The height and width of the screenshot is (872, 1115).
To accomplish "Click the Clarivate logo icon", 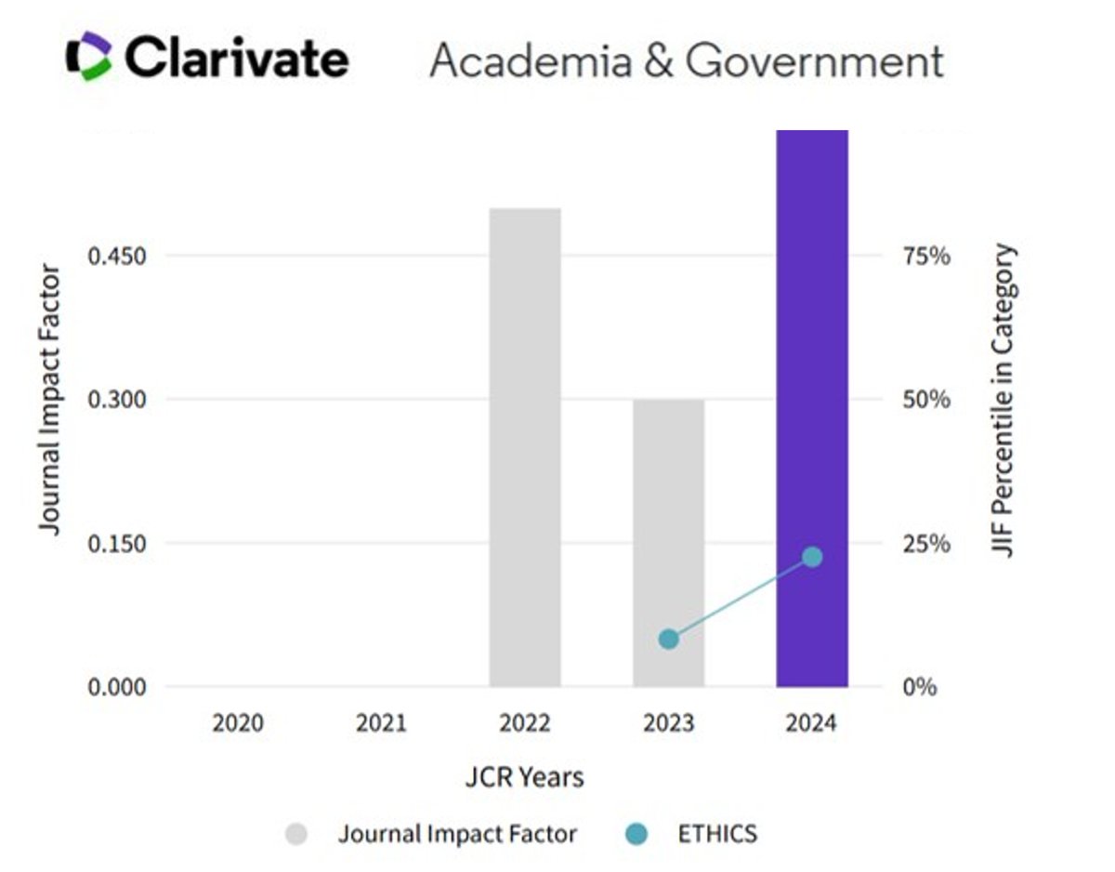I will (89, 57).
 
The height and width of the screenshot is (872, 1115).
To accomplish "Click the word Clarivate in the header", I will (237, 59).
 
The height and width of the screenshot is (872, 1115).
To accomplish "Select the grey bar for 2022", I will (525, 446).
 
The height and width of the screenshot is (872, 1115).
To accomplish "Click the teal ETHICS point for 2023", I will (668, 639).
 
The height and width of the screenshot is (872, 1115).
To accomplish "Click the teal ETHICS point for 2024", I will (812, 557).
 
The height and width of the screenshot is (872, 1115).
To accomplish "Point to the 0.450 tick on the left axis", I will (117, 256).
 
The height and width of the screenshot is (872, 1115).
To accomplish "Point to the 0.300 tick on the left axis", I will (117, 400).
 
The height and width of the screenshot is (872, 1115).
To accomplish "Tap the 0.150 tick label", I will (117, 543).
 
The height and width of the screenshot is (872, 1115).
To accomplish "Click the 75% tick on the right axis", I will (926, 256).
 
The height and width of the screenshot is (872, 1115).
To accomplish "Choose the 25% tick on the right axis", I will (926, 543).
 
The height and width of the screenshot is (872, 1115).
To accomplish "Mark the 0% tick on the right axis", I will (921, 687).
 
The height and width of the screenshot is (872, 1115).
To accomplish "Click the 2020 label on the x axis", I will (238, 722).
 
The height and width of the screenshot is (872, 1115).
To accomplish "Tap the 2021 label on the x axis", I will (381, 722).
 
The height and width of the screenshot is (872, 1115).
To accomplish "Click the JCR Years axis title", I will (525, 777).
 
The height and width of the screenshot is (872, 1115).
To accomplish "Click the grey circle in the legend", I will (296, 834).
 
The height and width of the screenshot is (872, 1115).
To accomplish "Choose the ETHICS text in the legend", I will (717, 834).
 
